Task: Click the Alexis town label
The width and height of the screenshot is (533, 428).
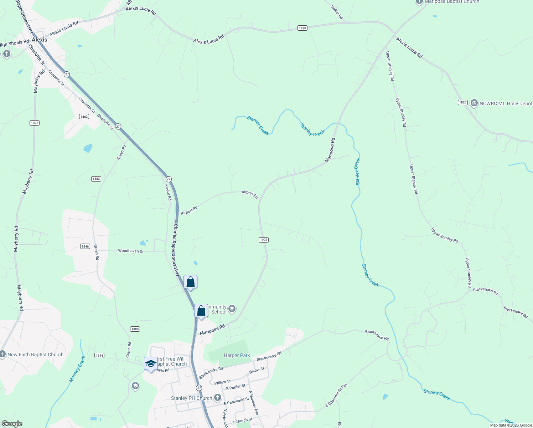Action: [x=39, y=40]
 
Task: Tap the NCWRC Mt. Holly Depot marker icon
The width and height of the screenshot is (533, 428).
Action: [x=474, y=103]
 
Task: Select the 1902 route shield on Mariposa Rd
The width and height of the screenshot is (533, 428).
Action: [x=263, y=240]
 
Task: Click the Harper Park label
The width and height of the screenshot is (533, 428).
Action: [x=237, y=355]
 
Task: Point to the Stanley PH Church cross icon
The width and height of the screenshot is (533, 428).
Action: [x=217, y=398]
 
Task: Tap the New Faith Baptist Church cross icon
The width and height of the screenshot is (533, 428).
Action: [x=2, y=354]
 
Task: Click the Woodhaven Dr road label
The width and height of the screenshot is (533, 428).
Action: [x=131, y=251]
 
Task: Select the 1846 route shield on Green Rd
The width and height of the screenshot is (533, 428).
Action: [x=85, y=246]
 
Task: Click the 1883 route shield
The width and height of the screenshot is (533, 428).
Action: [x=96, y=179]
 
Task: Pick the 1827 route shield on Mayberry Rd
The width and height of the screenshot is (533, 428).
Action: [x=34, y=123]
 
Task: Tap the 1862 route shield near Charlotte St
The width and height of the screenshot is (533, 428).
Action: [x=84, y=117]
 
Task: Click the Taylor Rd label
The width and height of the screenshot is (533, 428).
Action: [x=168, y=192]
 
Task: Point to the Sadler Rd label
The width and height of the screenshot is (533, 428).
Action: [x=337, y=12]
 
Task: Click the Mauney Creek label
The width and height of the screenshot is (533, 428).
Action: [x=77, y=369]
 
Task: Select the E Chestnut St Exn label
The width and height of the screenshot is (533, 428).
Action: [x=336, y=395]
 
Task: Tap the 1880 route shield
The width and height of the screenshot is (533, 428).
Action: [x=135, y=329]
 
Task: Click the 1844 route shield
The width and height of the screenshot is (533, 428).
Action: [x=99, y=355]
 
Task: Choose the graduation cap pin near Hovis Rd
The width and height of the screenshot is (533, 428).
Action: [x=151, y=363]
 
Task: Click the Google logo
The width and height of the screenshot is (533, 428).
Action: [x=12, y=424]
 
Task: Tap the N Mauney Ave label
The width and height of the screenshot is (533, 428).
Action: [x=254, y=403]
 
